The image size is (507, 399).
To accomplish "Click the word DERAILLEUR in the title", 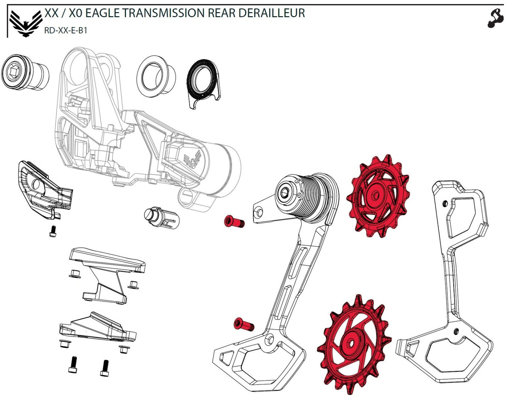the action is point(272,13).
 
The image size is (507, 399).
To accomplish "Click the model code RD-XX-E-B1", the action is point(66,30).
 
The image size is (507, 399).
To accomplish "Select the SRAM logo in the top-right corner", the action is point(494,19).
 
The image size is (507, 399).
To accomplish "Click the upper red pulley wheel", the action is point(378,196).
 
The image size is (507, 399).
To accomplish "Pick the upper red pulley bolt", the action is point(234,221).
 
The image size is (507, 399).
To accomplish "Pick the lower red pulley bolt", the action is point(244,325).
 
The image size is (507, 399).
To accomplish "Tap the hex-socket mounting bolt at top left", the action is point(25,72).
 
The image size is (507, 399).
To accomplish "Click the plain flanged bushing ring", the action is point(156,76).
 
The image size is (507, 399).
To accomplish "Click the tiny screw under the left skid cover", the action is point(53,231).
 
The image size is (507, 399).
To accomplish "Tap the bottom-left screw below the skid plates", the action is point(73,365).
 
